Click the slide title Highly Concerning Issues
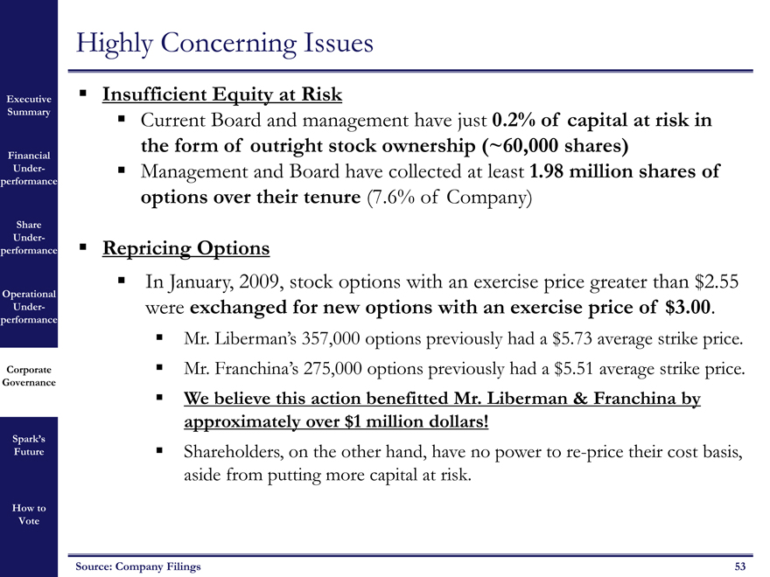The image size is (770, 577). pos(225,42)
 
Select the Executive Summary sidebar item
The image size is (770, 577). pos(30,105)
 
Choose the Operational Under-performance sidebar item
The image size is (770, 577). pos(30,307)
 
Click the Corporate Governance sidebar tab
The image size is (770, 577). pos(30,376)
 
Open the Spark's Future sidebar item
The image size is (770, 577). pos(30,445)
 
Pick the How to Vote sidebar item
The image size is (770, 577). pos(30,514)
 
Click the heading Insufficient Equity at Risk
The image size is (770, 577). pos(221,94)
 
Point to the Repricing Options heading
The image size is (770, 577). pos(185,248)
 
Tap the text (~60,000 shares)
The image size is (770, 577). pos(554,144)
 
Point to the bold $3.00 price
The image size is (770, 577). pos(689,308)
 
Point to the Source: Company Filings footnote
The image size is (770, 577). pos(138,567)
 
